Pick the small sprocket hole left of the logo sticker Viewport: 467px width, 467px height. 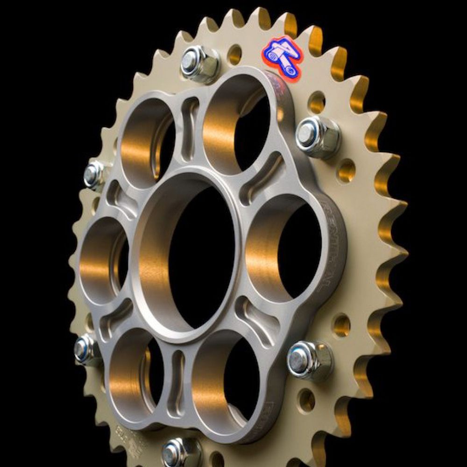pyautogui.click(x=234, y=55)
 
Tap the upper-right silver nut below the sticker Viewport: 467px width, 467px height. pyautogui.click(x=318, y=136)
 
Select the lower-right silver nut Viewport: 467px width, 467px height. pyautogui.click(x=310, y=360)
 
